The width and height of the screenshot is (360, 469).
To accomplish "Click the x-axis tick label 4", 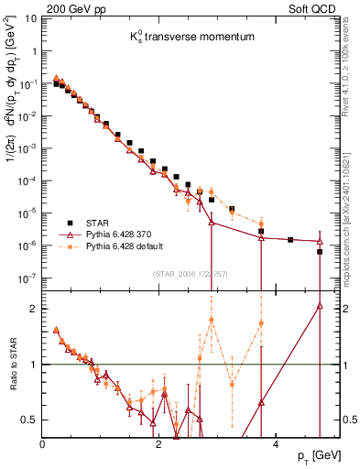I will [273, 443].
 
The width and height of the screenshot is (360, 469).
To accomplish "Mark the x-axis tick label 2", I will [158, 443].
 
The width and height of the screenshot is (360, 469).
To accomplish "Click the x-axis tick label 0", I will [43, 443].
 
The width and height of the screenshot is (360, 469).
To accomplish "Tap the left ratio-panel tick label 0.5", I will [30, 420].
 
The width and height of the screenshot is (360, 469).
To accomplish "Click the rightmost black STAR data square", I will [320, 251].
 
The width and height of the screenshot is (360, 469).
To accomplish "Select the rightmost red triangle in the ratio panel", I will [320, 306].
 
